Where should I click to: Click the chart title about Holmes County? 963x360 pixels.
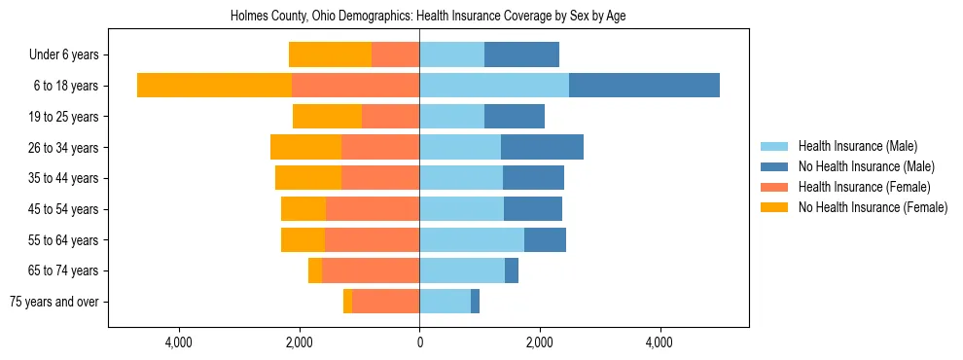coord(428,17)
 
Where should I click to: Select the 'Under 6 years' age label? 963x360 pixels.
coord(64,55)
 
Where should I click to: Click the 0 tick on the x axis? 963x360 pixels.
coord(419,342)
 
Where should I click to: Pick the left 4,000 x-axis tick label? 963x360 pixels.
coord(179,342)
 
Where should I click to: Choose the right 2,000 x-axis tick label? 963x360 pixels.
coord(539,342)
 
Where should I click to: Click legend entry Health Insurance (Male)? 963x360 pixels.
coord(857,146)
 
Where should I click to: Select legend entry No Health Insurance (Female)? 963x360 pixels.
coord(873,207)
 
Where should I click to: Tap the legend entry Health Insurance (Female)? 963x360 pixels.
coord(864,187)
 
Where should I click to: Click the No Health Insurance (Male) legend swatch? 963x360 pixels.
coord(775,166)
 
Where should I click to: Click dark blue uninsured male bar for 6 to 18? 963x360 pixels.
coord(644,86)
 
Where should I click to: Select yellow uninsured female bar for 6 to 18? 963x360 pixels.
coord(214,86)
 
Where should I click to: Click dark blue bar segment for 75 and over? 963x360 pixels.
coord(475,302)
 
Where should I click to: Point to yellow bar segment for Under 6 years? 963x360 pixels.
coord(330,55)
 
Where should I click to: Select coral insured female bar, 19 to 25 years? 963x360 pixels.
coord(390,117)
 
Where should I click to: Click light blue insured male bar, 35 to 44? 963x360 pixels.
coord(461,178)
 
